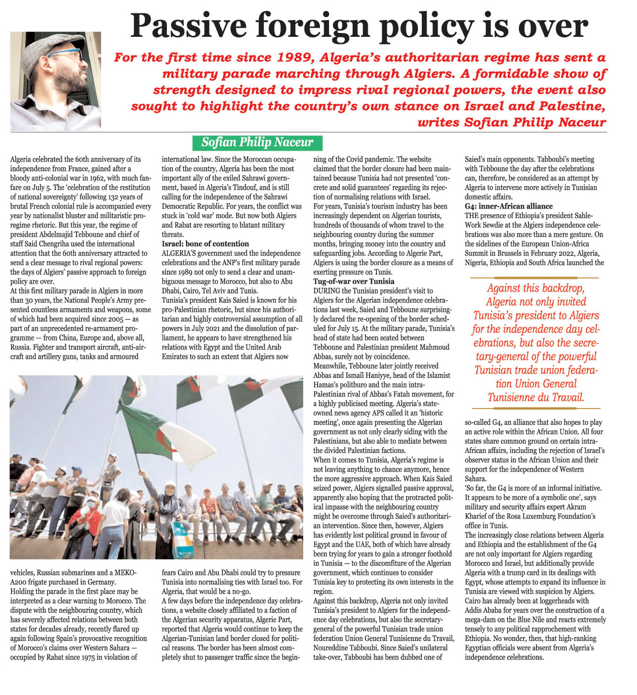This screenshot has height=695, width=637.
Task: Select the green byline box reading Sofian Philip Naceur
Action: (x=257, y=143)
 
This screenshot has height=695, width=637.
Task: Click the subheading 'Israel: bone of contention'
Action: (x=205, y=244)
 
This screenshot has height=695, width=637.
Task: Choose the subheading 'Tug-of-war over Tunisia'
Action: (x=354, y=281)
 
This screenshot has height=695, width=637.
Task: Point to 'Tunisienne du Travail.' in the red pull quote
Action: (x=536, y=397)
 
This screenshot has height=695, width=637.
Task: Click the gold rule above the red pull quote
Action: (x=535, y=277)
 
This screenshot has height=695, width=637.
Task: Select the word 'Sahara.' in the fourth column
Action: (x=476, y=479)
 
